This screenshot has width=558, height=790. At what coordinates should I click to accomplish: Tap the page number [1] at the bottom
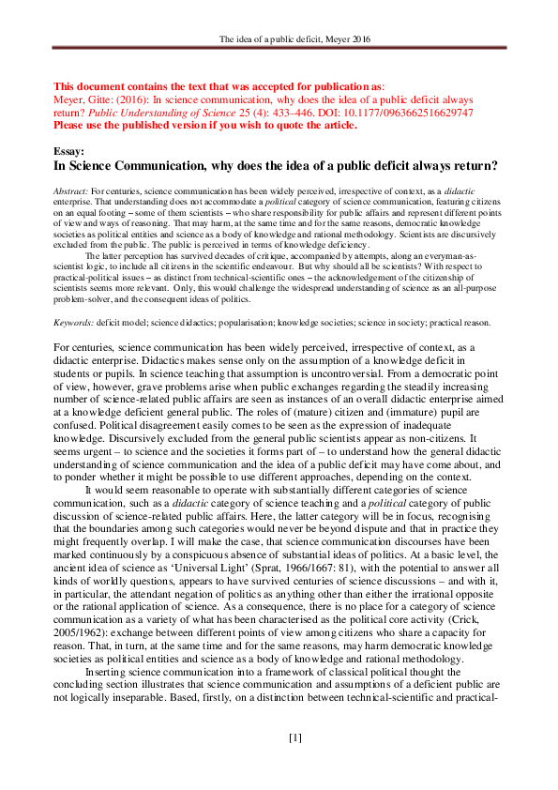tap(294, 738)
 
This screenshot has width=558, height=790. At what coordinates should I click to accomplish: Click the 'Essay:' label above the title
tap(68, 150)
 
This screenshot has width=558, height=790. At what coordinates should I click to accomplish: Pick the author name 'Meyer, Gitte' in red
tap(83, 99)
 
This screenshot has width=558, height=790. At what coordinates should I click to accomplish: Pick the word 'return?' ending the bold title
tap(470, 166)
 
